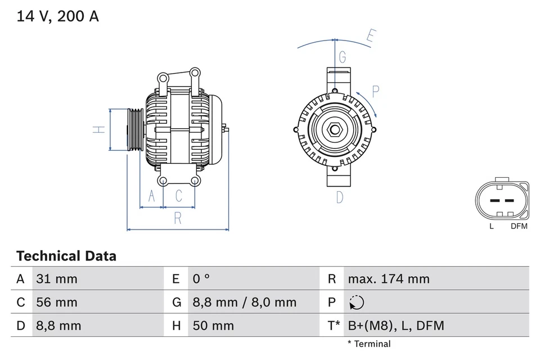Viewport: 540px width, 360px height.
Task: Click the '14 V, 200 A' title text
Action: (57, 17)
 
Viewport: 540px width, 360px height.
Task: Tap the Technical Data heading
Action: (66, 256)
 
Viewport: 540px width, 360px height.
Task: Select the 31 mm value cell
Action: (57, 279)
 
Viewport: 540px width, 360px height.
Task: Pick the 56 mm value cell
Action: (57, 303)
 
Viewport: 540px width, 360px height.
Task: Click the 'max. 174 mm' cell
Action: (388, 279)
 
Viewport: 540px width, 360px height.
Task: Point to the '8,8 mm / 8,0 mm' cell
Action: (244, 303)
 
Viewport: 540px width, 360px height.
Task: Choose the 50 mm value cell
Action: (213, 326)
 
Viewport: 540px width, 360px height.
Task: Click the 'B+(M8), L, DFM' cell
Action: (395, 326)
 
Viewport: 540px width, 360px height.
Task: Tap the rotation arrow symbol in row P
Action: (356, 303)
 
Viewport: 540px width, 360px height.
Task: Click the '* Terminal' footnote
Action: (368, 344)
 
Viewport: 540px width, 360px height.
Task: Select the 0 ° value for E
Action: (201, 279)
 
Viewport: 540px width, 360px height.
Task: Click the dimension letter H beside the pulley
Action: (99, 129)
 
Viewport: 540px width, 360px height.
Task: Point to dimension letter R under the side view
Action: (178, 218)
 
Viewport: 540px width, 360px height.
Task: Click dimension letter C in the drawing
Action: (178, 196)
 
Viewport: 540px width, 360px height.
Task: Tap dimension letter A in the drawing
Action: (151, 196)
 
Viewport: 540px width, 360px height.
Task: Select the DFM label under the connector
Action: (519, 226)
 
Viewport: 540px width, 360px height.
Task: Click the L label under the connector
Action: (491, 226)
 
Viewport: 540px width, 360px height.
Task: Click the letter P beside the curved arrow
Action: (376, 92)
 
